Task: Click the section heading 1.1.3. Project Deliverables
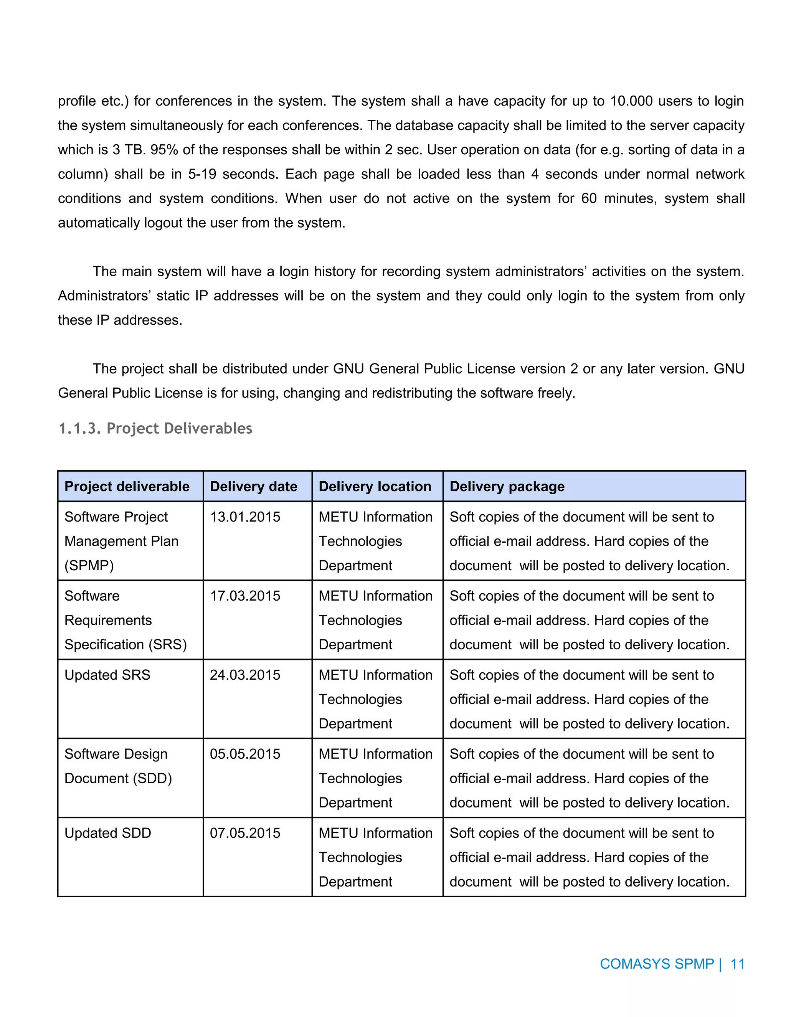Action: [x=155, y=428]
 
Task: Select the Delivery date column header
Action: [x=253, y=487]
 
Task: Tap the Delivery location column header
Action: [x=375, y=487]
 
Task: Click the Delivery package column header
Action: [x=507, y=487]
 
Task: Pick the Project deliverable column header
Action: [x=127, y=487]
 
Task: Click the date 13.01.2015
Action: [x=245, y=517]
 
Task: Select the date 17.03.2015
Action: [x=245, y=596]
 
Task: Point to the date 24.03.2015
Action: [x=245, y=675]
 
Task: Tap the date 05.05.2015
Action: [x=245, y=754]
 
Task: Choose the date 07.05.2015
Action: [x=245, y=833]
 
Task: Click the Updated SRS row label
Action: [x=107, y=675]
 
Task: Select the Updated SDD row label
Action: [x=107, y=833]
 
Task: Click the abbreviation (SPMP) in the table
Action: [x=89, y=566]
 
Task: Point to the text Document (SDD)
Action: [x=118, y=779]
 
